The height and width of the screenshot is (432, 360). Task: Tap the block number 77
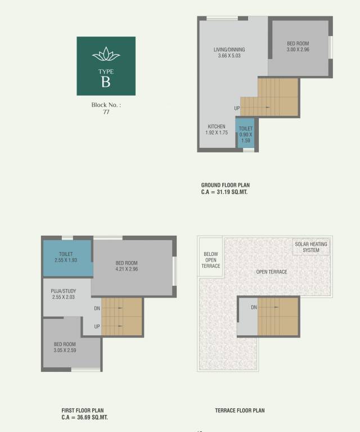[x=106, y=112]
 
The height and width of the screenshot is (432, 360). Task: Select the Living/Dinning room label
[x=229, y=49]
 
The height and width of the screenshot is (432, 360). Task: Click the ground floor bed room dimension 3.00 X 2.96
[x=298, y=49]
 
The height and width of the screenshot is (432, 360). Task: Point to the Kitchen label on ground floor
[x=217, y=127]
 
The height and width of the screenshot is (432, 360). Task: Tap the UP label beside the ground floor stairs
[x=237, y=108]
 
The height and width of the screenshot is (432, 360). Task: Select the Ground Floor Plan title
[x=226, y=185]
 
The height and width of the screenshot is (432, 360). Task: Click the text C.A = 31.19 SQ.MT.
[x=224, y=192]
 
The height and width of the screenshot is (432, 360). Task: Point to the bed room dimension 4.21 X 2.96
[x=127, y=269]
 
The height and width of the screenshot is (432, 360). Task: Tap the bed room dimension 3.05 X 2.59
[x=65, y=350]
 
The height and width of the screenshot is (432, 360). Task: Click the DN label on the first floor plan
[x=97, y=308]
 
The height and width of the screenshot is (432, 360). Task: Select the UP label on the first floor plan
[x=97, y=326]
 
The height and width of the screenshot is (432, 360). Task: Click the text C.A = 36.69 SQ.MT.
[x=85, y=418]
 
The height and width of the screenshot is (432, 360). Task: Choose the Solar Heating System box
[x=310, y=247]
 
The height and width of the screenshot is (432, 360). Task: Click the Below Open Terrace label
[x=211, y=260]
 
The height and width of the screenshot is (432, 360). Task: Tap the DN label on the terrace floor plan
[x=254, y=307]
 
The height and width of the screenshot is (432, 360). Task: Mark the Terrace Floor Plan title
[x=240, y=411]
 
